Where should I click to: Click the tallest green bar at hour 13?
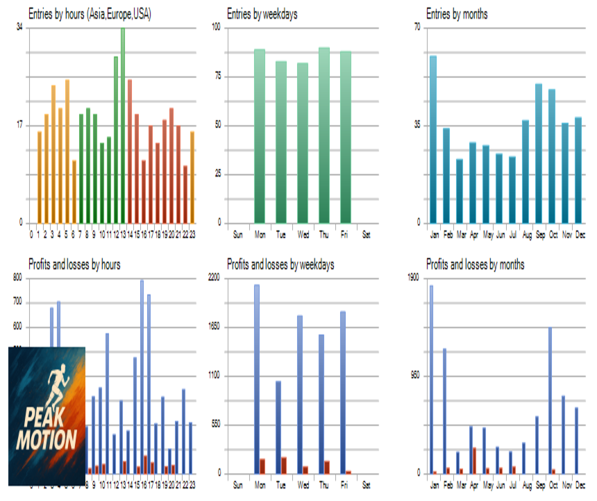123,125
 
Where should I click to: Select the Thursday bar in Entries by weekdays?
324,135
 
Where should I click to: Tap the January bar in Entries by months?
433,139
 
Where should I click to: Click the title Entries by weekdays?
262,14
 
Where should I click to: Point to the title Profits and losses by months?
476,265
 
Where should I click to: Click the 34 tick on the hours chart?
19,27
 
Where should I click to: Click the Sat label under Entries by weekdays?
367,235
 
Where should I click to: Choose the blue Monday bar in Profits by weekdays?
257,379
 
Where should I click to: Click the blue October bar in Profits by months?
550,400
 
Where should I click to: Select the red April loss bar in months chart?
474,460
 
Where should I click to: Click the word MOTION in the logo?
47,441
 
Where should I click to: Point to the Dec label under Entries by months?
580,235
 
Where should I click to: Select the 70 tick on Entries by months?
419,27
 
